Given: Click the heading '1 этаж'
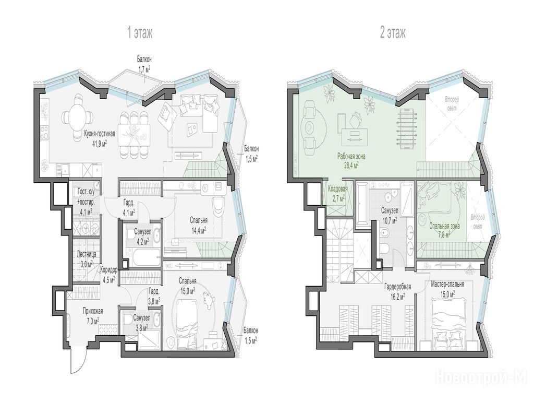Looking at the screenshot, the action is point(140,33).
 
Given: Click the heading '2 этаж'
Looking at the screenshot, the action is point(393,33).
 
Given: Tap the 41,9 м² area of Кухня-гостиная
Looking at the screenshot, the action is point(100,144).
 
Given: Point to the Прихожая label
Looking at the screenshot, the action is point(93,311).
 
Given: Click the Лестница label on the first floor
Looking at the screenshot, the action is point(87,254).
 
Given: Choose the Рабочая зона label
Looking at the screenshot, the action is point(351,157).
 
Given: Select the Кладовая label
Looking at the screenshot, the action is point(337,188).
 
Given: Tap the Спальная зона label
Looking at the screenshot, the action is point(444,226).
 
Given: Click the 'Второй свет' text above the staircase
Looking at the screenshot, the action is point(452,103).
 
